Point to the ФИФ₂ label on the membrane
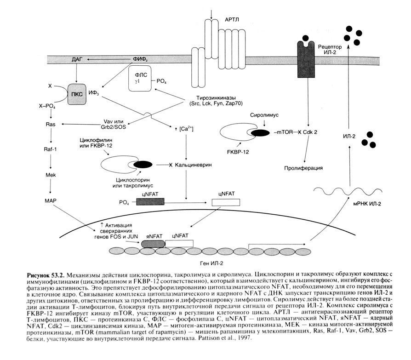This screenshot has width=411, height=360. pos(140,59)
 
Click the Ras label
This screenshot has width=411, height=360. pos(50,124)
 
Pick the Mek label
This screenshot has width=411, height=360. pos(50,175)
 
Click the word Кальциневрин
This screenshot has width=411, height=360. pos(195,165)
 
